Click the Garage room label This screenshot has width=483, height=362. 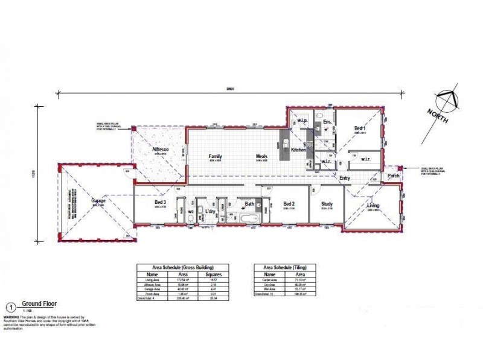pyautogui.click(x=99, y=200)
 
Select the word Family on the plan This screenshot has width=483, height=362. pyautogui.click(x=216, y=156)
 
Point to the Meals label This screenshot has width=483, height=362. pyautogui.click(x=261, y=156)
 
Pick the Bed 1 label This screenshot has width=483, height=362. pyautogui.click(x=360, y=129)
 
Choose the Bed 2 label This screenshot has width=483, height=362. pyautogui.click(x=289, y=204)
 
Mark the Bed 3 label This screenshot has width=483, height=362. pyautogui.click(x=160, y=202)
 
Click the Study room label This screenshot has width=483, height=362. pyautogui.click(x=327, y=204)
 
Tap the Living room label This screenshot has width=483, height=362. pyautogui.click(x=374, y=206)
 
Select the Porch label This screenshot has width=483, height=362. pyautogui.click(x=394, y=176)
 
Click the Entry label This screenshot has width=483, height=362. pyautogui.click(x=345, y=178)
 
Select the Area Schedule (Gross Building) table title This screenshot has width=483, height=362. pyautogui.click(x=175, y=267)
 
